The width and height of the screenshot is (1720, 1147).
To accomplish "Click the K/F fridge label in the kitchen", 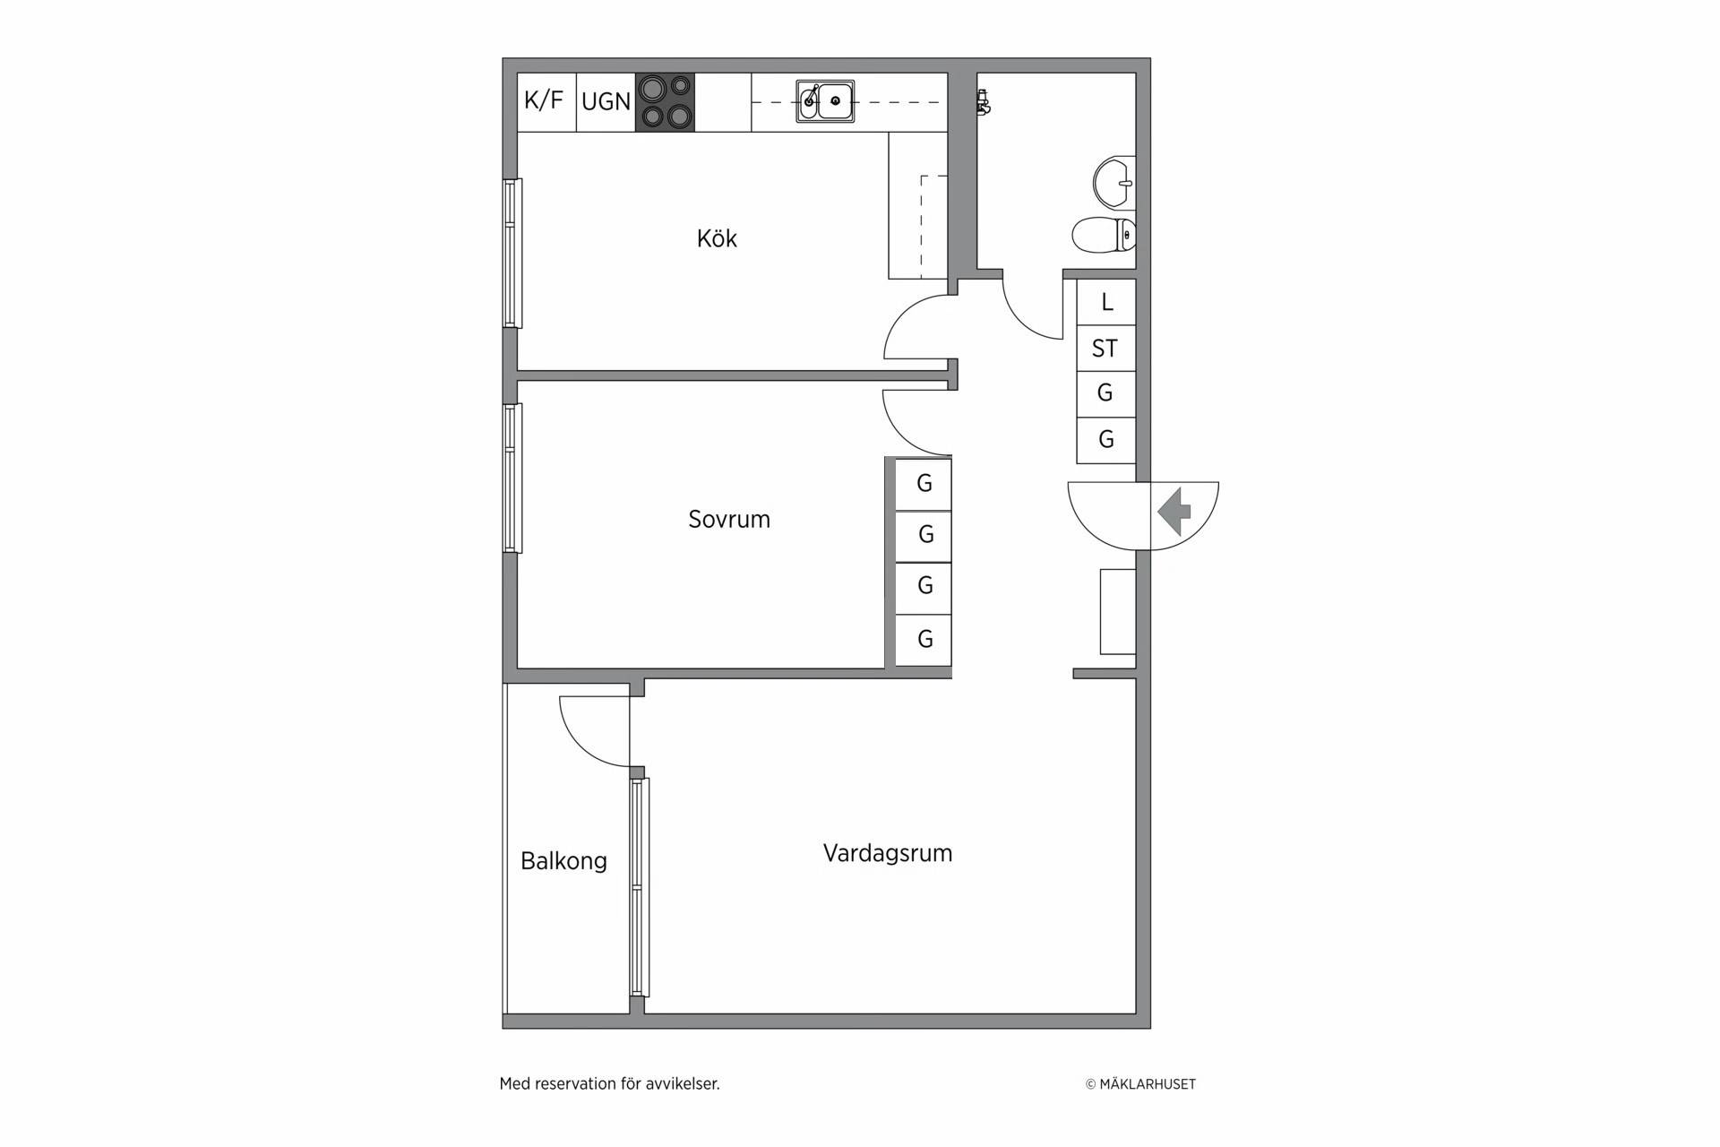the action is (544, 100).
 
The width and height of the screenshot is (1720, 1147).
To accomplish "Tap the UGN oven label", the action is (606, 102).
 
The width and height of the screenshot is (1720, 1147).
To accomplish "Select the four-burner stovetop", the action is (665, 102).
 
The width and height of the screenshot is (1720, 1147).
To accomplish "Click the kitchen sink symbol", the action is (825, 101).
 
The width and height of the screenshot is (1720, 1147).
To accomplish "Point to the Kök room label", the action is (717, 238).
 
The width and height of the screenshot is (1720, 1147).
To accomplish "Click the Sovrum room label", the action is (729, 520).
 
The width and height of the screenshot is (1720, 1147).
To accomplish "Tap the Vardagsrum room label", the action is (888, 853).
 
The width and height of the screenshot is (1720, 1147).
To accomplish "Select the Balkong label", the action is (564, 861).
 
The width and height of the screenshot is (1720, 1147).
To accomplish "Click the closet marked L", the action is (1106, 302).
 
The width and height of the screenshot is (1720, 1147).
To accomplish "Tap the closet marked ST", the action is (1106, 348).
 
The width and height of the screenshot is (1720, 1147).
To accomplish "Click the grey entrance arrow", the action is (1174, 513).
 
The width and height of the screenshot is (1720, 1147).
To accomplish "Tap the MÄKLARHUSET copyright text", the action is (1140, 1084).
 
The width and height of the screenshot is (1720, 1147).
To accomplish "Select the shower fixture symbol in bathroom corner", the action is (983, 101).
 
